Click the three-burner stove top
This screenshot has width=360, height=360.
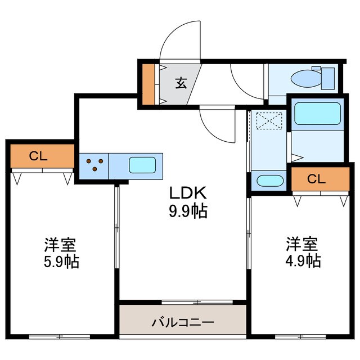point(94,165)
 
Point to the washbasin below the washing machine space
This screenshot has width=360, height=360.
point(268,181)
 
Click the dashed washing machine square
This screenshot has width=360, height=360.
point(268,120)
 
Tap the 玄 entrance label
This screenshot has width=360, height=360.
point(181,83)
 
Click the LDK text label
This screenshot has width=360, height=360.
point(190,193)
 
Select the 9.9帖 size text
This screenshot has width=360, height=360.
point(190,211)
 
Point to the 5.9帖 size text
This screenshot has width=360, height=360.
point(61,262)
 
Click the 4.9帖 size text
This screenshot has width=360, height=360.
point(302,261)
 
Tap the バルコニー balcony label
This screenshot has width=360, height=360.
point(183,323)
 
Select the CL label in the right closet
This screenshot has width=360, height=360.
point(316,179)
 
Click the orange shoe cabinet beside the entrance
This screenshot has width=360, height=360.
point(148,84)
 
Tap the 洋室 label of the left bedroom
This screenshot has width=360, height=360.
point(61,245)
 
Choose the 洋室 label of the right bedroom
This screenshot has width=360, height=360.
point(302,244)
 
